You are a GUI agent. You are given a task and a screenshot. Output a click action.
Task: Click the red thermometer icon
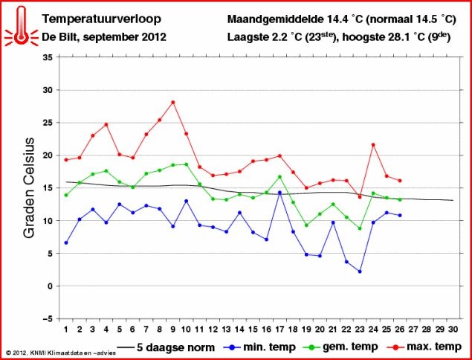[x=20, y=25]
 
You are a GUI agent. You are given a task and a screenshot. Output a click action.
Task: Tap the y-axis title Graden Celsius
[x=30, y=187]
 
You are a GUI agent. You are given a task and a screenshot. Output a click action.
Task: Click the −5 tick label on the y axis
[x=46, y=318]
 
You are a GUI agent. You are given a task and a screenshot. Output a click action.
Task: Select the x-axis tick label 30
[x=453, y=329]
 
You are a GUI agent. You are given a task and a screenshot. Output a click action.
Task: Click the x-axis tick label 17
[x=279, y=329]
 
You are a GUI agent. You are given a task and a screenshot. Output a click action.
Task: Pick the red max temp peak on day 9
[x=173, y=103]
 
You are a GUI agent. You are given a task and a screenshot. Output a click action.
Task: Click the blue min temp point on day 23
[x=360, y=271]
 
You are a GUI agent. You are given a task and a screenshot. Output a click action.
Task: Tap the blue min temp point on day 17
[x=279, y=193]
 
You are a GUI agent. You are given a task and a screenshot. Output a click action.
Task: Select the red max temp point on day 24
[x=373, y=144]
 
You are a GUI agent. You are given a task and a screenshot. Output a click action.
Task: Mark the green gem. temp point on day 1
[x=66, y=195]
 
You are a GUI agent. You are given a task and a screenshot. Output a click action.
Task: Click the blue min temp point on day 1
[x=66, y=242]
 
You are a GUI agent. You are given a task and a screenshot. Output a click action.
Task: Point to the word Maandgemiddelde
[x=271, y=18]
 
